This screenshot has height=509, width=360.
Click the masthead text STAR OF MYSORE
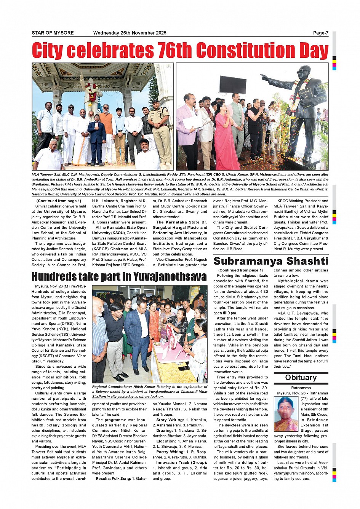pyautogui.click(x=53, y=33)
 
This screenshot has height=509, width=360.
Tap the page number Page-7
pyautogui.click(x=320, y=33)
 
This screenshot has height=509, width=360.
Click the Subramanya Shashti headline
pyautogui.click(x=270, y=261)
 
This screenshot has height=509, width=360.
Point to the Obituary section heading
pyautogui.click(x=301, y=378)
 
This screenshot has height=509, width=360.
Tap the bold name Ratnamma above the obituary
pyautogui.click(x=301, y=388)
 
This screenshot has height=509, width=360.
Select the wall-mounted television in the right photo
pyautogui.click(x=233, y=85)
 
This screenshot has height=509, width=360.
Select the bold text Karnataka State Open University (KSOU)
pyautogui.click(x=121, y=230)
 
